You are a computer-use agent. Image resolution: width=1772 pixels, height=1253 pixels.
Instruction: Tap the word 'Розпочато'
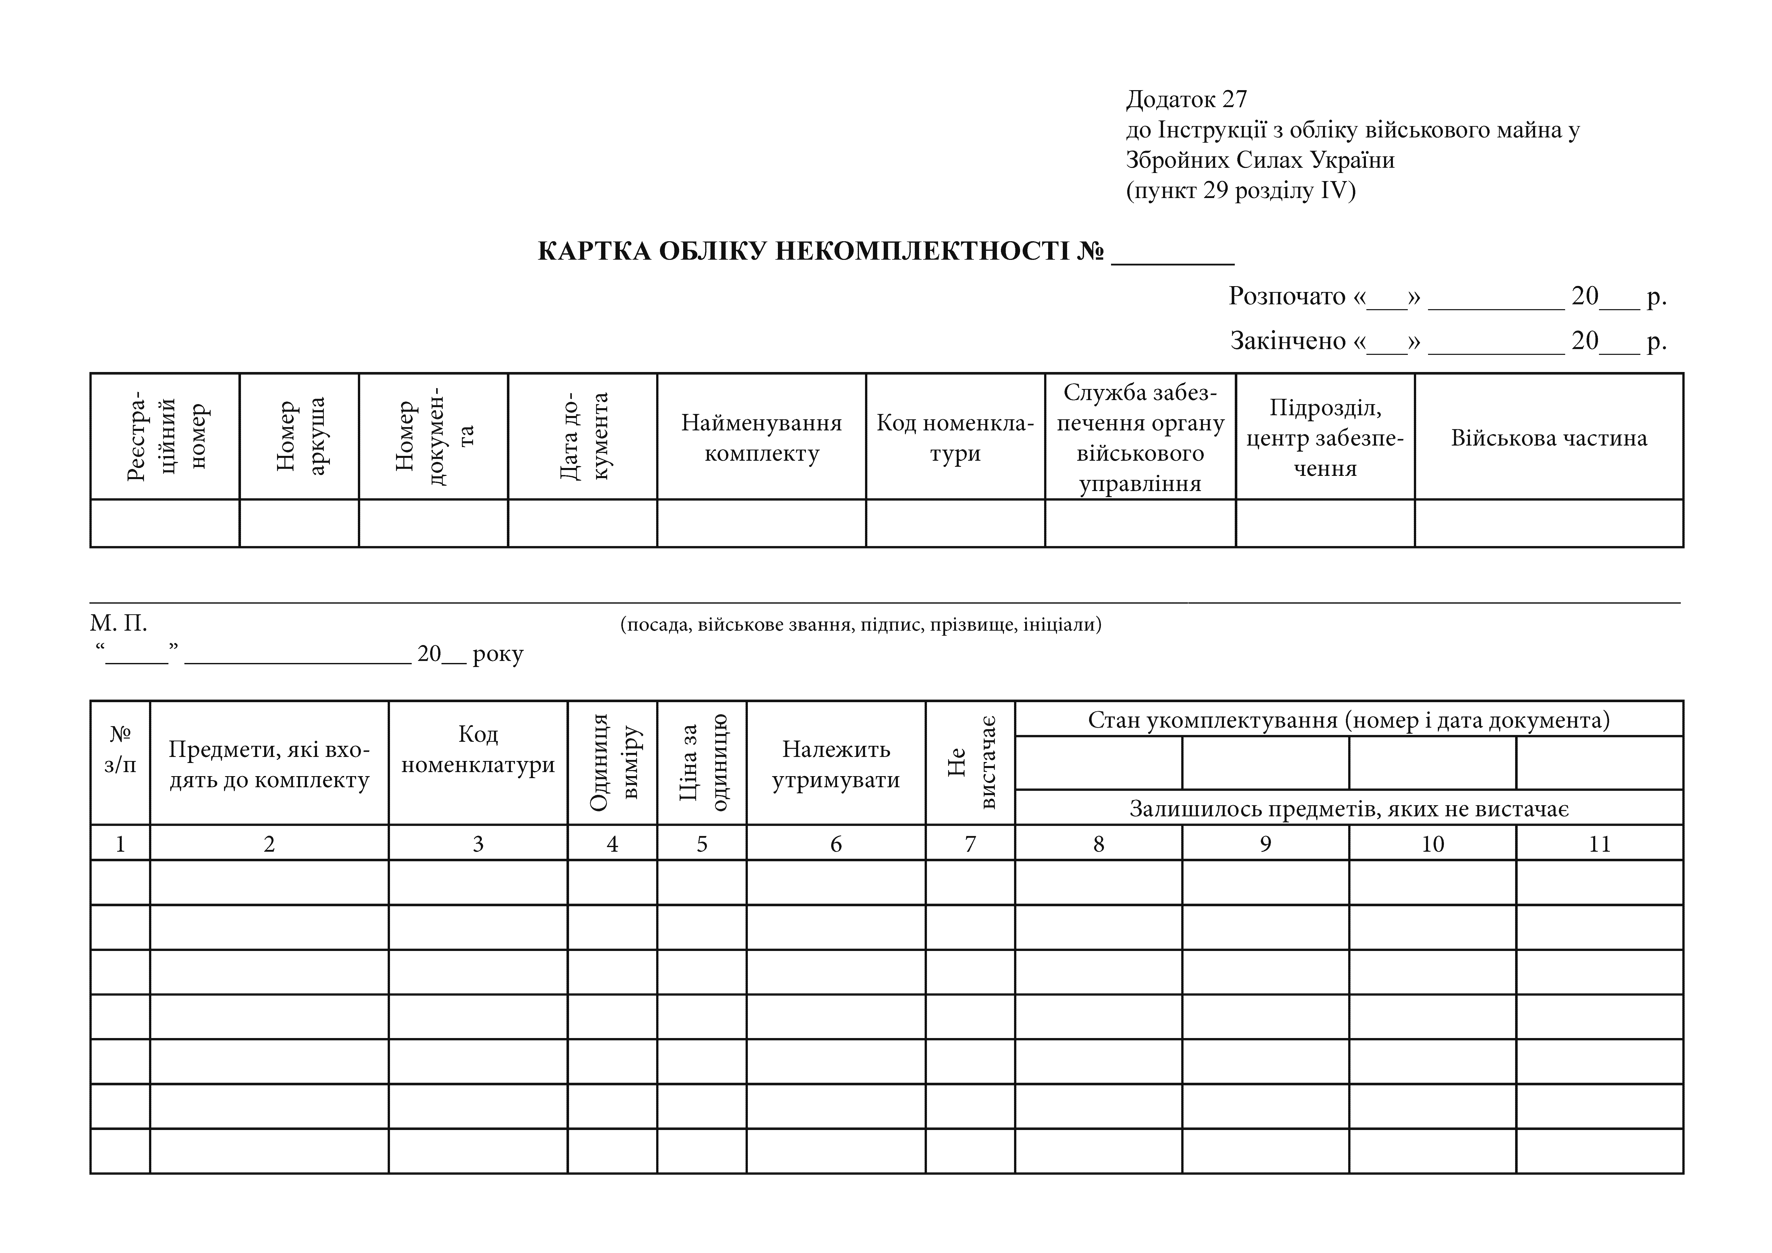tap(1287, 297)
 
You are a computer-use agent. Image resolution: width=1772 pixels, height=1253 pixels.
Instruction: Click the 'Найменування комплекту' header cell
tap(761, 438)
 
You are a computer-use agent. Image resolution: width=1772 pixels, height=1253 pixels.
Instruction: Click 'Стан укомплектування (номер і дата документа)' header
tap(1348, 720)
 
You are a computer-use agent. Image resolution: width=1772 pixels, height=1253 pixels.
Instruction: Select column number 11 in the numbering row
tap(1599, 844)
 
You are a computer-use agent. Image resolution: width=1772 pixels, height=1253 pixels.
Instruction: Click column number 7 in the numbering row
tap(970, 844)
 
